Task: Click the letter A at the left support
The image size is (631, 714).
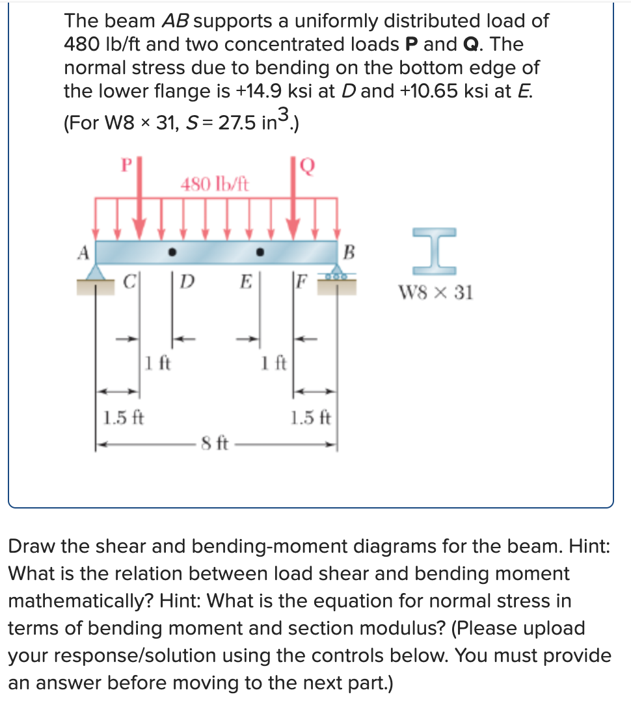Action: pos(83,252)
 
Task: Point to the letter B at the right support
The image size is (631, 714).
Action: pos(349,252)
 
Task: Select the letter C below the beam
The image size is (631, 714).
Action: pos(129,284)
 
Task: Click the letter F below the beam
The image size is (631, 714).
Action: pos(301,284)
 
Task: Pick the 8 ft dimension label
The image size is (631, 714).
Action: pos(214,447)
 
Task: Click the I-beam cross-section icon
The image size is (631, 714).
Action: pos(434,252)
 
